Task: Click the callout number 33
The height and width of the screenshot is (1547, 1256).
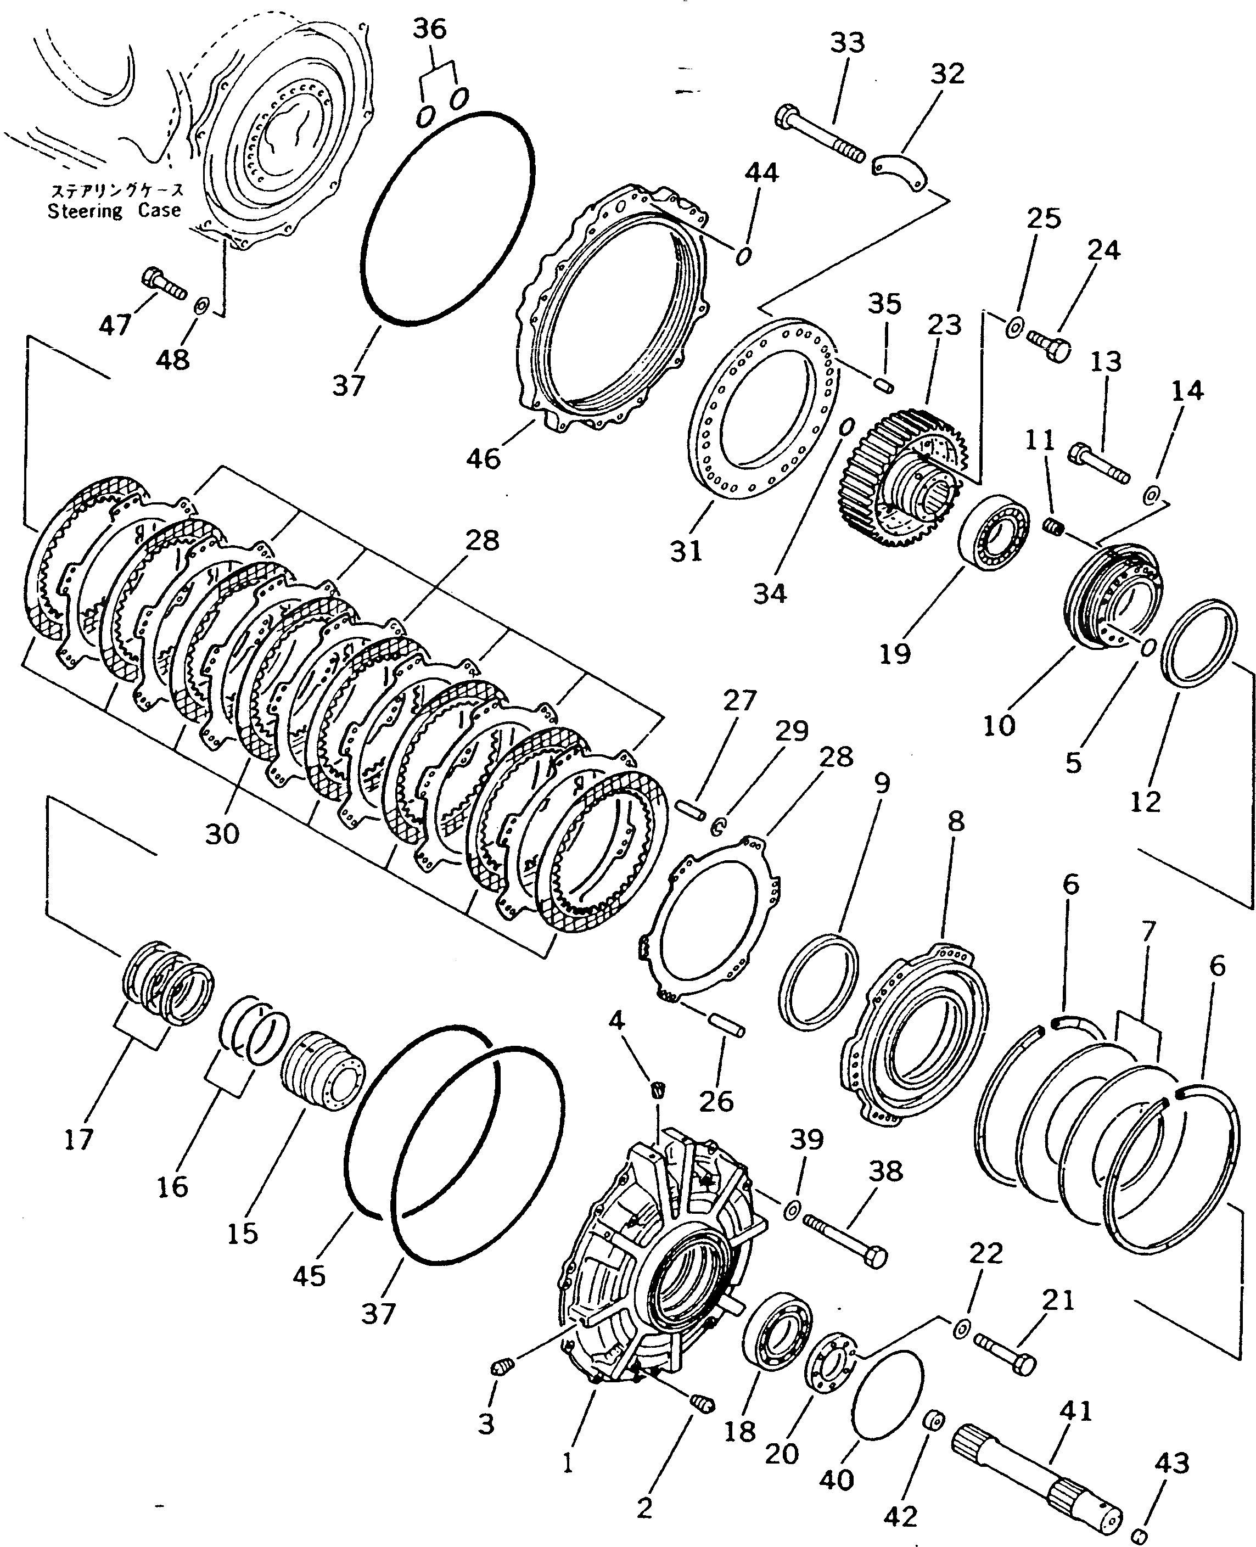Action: click(x=846, y=43)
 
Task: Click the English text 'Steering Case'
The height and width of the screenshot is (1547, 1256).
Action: click(x=114, y=211)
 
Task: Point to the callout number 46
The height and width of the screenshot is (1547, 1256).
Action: click(x=483, y=458)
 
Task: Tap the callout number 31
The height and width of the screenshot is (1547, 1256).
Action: click(x=686, y=551)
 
